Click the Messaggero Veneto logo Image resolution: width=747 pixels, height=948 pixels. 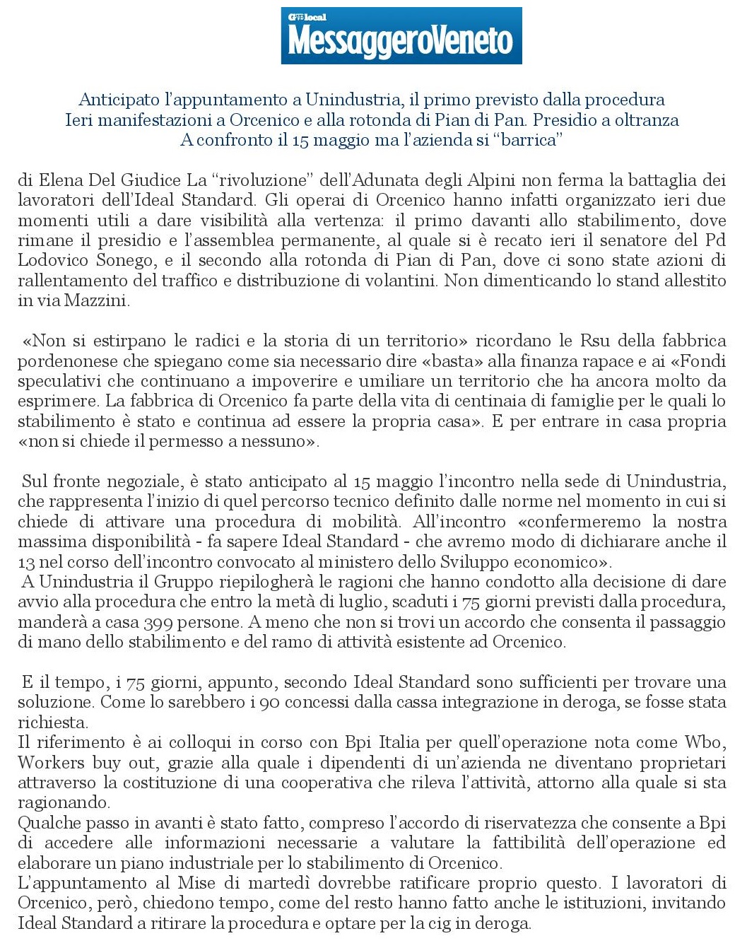401,37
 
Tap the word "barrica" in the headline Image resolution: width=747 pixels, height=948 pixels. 530,139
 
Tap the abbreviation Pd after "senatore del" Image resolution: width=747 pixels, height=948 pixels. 715,240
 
